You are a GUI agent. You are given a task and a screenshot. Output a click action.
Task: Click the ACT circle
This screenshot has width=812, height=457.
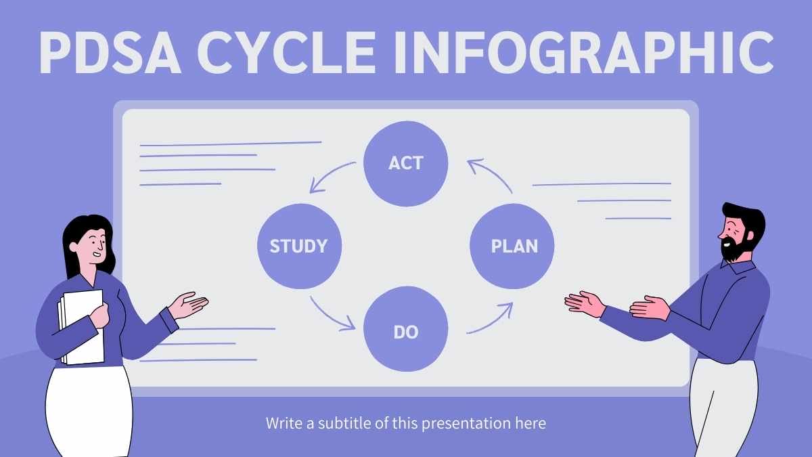point(405,163)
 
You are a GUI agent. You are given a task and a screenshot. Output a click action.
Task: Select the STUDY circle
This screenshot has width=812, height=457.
point(299,246)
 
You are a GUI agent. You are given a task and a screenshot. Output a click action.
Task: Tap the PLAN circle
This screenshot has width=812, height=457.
point(513,246)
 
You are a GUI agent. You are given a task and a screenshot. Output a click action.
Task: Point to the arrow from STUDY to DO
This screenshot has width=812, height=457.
point(331,315)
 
